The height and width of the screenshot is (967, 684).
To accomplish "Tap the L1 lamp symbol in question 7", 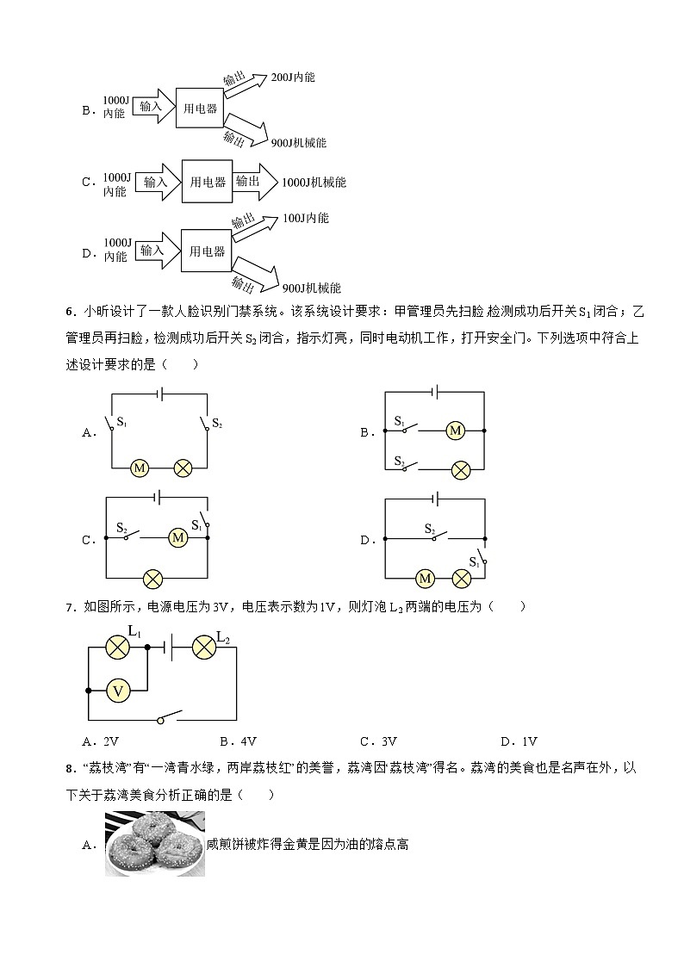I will [x=117, y=647].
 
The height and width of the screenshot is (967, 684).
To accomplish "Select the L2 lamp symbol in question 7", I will [x=203, y=647].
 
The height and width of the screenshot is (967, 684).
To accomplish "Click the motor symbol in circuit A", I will [x=139, y=468].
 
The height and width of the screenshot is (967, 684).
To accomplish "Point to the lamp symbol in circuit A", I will [x=183, y=468].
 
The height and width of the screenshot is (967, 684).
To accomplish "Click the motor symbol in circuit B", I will [x=456, y=430].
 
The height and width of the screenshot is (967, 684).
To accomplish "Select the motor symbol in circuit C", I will [x=178, y=537].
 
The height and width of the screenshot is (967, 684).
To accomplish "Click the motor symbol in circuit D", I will [x=424, y=577].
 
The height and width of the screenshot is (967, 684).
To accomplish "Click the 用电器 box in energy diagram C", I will [x=208, y=183].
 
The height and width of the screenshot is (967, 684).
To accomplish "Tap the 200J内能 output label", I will [x=293, y=77].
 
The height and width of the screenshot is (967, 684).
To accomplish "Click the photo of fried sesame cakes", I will [x=155, y=845].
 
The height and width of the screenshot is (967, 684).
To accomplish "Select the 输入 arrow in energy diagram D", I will [x=152, y=251].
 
